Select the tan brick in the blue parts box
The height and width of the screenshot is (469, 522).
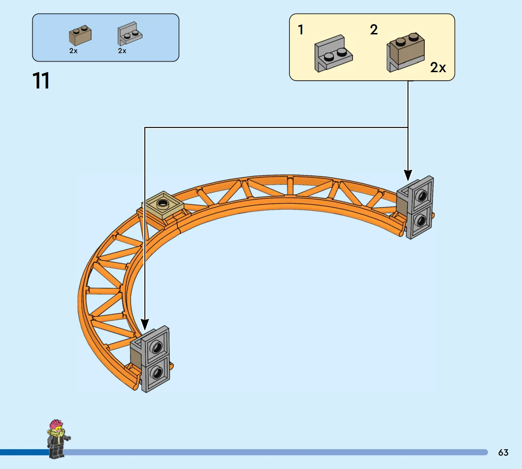pyautogui.click(x=80, y=35)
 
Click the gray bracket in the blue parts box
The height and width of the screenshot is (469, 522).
pyautogui.click(x=130, y=34)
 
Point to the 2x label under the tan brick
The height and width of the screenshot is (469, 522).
pyautogui.click(x=73, y=51)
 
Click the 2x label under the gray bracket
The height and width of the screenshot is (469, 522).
pyautogui.click(x=122, y=51)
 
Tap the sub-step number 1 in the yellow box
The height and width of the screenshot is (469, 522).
pyautogui.click(x=301, y=30)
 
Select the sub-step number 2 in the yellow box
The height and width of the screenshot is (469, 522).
pyautogui.click(x=374, y=30)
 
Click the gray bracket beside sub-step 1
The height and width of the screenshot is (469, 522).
pyautogui.click(x=333, y=53)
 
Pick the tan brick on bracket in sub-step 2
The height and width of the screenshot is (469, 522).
pyautogui.click(x=406, y=52)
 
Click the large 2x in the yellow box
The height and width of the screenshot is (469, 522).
pyautogui.click(x=438, y=67)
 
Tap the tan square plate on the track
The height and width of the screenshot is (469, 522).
pyautogui.click(x=163, y=205)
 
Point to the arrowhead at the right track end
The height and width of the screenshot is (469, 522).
pyautogui.click(x=408, y=175)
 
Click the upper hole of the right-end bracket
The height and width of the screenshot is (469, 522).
pyautogui.click(x=422, y=196)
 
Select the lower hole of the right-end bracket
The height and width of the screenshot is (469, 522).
pyautogui.click(x=421, y=221)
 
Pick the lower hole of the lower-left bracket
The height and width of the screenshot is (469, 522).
pyautogui.click(x=157, y=373)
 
